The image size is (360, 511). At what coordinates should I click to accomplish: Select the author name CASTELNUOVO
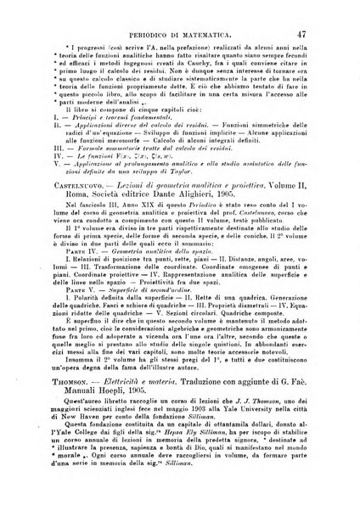62,196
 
